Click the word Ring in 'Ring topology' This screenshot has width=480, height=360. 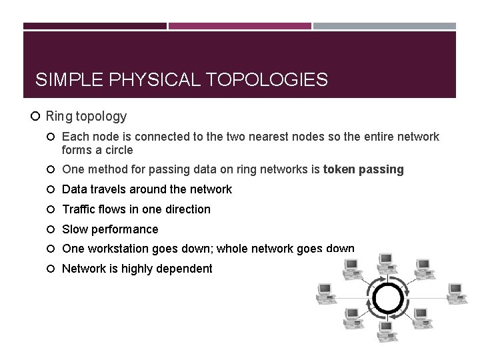point(58,117)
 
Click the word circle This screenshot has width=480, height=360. point(116,150)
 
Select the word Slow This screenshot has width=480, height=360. point(75,229)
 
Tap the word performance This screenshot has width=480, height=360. point(125,229)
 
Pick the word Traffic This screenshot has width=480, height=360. point(79,209)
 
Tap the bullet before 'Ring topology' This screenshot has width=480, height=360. point(37,117)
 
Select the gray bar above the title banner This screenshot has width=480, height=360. point(385,26)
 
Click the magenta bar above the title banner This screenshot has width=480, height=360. point(240,26)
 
